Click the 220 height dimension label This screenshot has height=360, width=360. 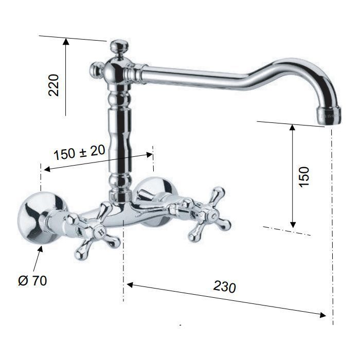point(53,85)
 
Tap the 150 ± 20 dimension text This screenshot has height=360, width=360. point(79,152)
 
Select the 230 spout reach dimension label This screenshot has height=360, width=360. point(224,286)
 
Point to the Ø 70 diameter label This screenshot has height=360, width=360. point(32,281)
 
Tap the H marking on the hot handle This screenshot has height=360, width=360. point(101,232)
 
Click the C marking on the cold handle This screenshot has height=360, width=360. point(214,217)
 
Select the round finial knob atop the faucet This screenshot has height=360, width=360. point(118,46)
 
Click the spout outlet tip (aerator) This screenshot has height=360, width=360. point(329,116)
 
